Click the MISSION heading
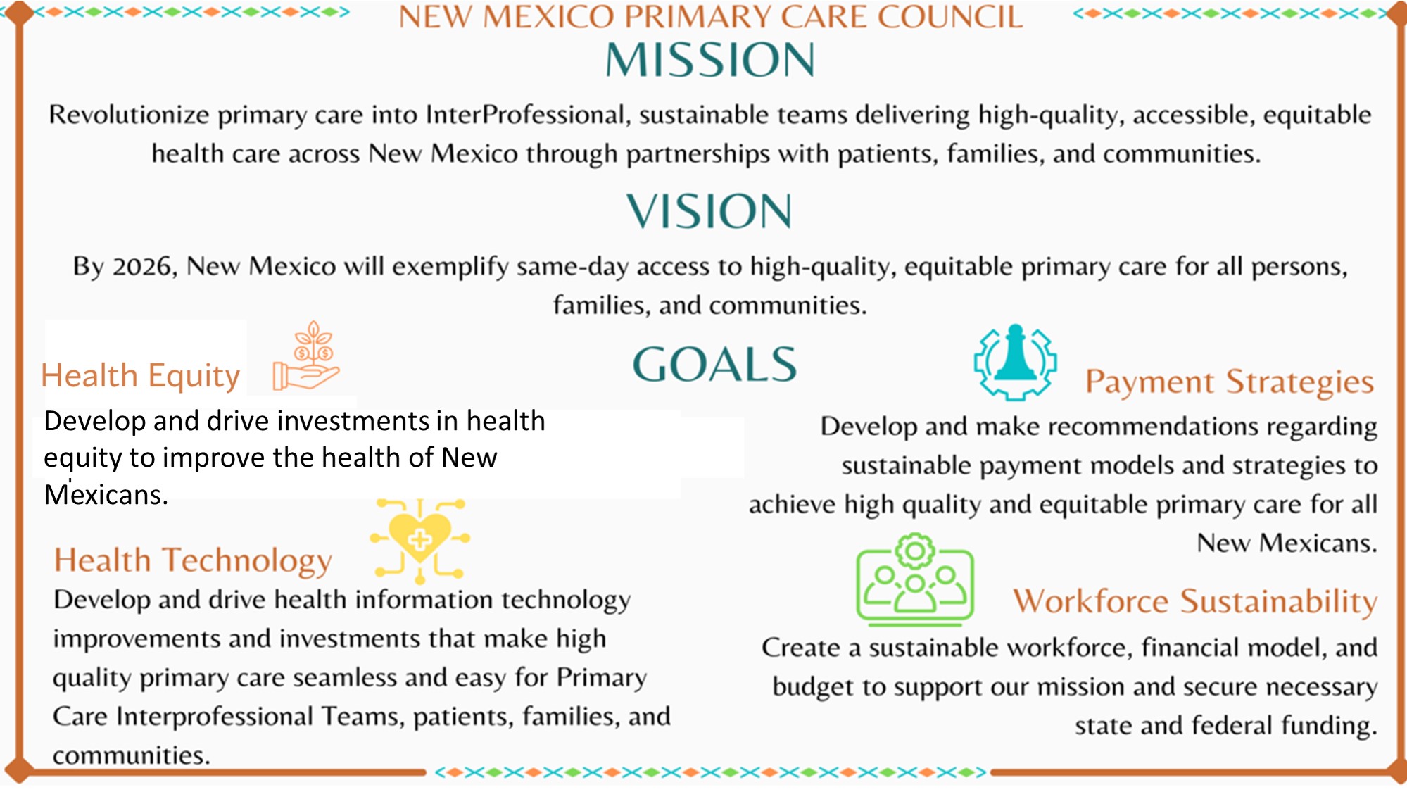point(709,59)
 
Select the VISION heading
point(709,211)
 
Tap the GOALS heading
point(714,364)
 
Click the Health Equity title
point(141,377)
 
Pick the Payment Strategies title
point(1229,382)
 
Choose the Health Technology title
point(193,561)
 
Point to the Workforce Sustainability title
point(1194,602)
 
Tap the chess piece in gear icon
point(1015,363)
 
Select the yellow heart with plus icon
point(420,541)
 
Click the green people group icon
point(915,580)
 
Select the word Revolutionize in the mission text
point(129,115)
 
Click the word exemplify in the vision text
point(450,268)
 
